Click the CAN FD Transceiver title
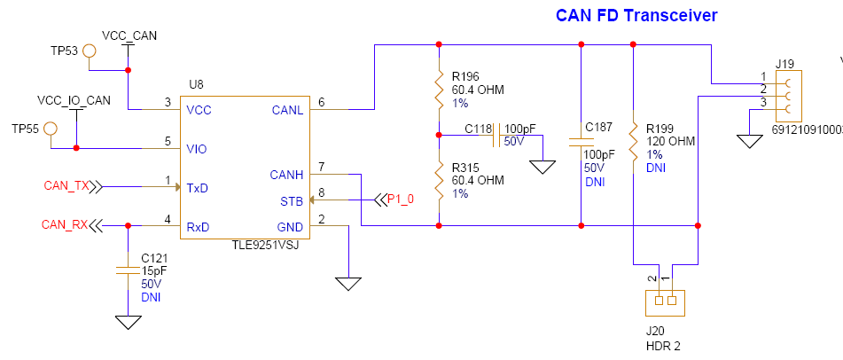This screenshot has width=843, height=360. pyautogui.click(x=636, y=15)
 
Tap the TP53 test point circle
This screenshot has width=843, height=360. pyautogui.click(x=90, y=51)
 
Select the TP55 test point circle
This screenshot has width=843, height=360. pyautogui.click(x=51, y=129)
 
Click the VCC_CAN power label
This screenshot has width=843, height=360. pyautogui.click(x=129, y=35)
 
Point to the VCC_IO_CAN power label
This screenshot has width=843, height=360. pyautogui.click(x=74, y=100)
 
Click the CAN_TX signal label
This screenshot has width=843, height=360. pyautogui.click(x=67, y=186)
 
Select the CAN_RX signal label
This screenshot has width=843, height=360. pyautogui.click(x=66, y=224)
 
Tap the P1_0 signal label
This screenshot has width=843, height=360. pyautogui.click(x=401, y=199)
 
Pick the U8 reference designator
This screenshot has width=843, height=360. pyautogui.click(x=196, y=84)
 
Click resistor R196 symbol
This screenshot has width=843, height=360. pyautogui.click(x=439, y=89)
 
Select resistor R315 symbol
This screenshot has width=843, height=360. pyautogui.click(x=439, y=181)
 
